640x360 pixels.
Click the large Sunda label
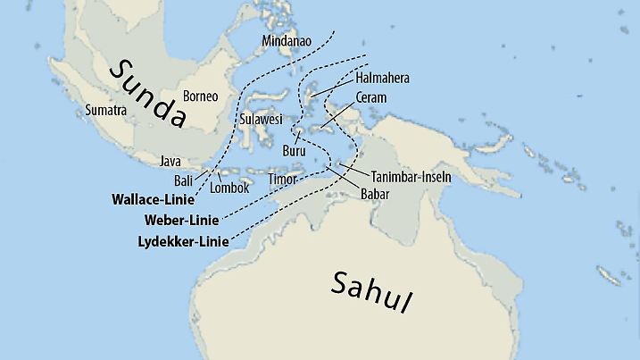coord(148,93)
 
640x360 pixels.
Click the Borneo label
coord(200,96)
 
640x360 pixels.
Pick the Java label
coord(170,162)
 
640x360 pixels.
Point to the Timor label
coord(282,180)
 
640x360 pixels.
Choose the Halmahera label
coord(382,79)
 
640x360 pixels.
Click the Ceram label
coord(370,96)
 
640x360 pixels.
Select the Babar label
coord(376,193)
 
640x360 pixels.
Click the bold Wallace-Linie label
coord(153,198)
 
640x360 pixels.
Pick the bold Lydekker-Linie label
coord(183,241)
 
